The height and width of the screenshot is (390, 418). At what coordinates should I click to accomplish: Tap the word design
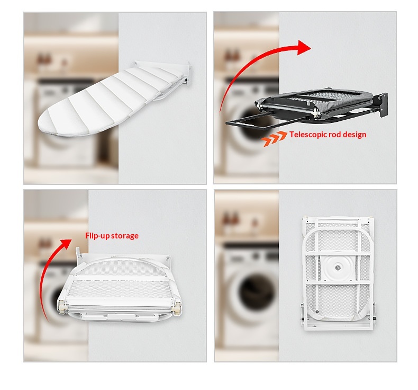(x=355, y=135)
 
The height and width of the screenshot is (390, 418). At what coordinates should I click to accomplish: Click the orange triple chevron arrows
(x=274, y=138)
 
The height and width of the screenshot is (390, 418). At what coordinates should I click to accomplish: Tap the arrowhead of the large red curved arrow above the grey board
(x=304, y=48)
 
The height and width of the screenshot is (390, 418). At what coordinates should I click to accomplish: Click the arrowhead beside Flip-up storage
(x=66, y=243)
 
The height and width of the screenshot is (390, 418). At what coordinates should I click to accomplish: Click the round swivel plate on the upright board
(x=338, y=268)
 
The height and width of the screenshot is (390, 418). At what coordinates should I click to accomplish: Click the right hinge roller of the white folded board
(x=177, y=308)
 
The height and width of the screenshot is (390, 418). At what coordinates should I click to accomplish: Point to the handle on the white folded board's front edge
(x=121, y=316)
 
